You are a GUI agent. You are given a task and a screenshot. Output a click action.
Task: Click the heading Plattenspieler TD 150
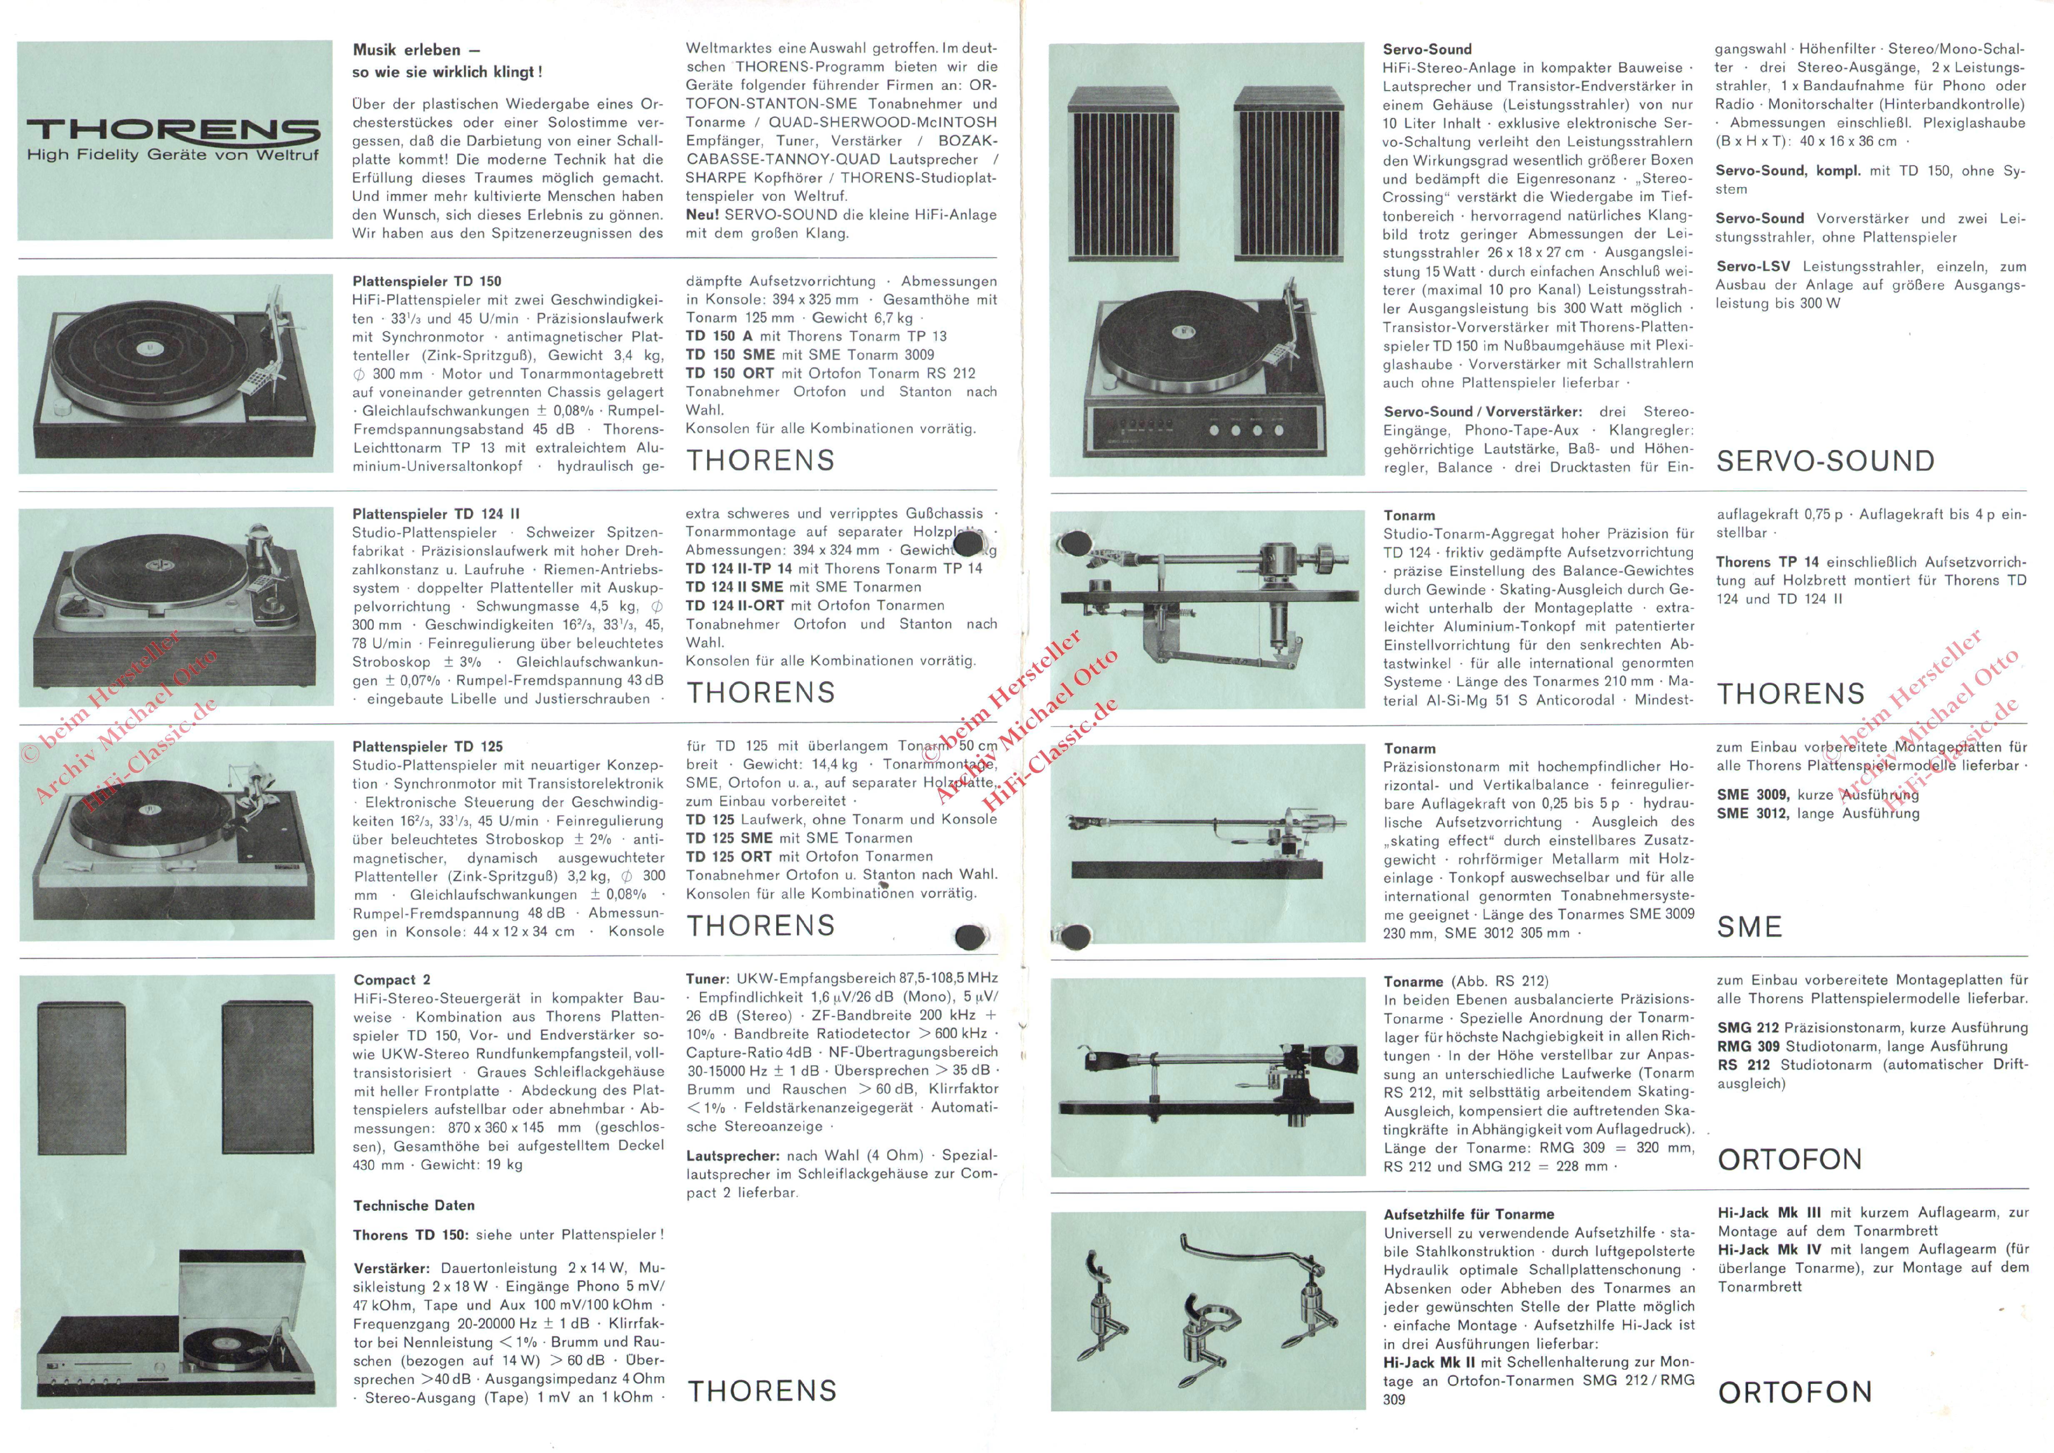pyautogui.click(x=427, y=281)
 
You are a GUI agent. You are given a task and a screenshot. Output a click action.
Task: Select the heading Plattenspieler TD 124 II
pyautogui.click(x=436, y=513)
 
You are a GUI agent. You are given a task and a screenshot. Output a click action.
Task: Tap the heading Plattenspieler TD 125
pyautogui.click(x=427, y=746)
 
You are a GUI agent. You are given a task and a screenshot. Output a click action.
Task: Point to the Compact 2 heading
pyautogui.click(x=392, y=980)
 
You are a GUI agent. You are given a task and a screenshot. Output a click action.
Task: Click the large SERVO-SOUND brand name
pyautogui.click(x=1825, y=461)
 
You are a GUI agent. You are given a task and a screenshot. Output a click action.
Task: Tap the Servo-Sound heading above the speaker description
pyautogui.click(x=1427, y=49)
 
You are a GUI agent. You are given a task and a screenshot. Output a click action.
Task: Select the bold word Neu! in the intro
pyautogui.click(x=702, y=215)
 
